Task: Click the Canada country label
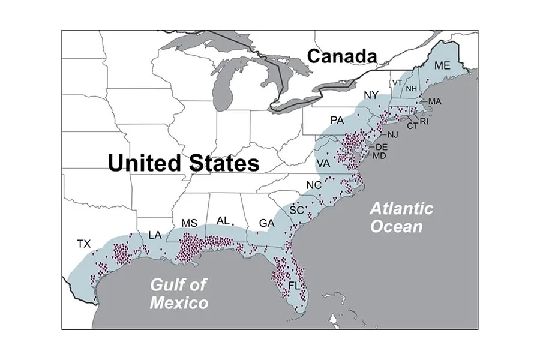(342, 56)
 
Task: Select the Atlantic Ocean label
(401, 217)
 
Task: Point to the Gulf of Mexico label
(179, 293)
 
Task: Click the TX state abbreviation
(83, 244)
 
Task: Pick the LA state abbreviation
(155, 235)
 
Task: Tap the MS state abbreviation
(189, 223)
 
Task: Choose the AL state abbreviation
(223, 221)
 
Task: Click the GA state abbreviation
(266, 224)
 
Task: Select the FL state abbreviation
(294, 286)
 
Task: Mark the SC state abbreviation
(296, 210)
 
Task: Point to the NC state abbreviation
(313, 185)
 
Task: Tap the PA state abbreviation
(337, 121)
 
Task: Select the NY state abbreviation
(371, 95)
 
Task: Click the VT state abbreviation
(397, 82)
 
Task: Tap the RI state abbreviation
(424, 121)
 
